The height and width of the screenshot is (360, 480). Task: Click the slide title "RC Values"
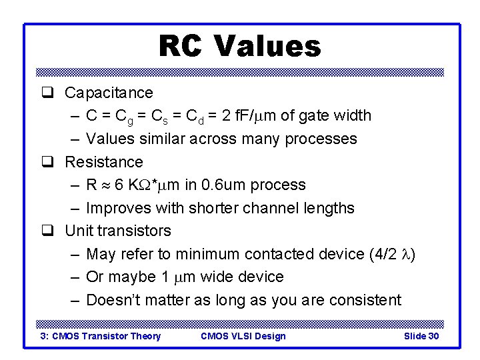point(239,47)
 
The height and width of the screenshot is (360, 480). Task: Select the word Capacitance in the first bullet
point(109,93)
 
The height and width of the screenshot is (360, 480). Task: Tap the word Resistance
point(104,162)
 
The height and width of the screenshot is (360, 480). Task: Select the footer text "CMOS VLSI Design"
point(243,336)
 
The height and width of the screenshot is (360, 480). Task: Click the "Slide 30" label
point(421,336)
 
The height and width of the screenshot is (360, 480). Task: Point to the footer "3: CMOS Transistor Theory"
point(101,336)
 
